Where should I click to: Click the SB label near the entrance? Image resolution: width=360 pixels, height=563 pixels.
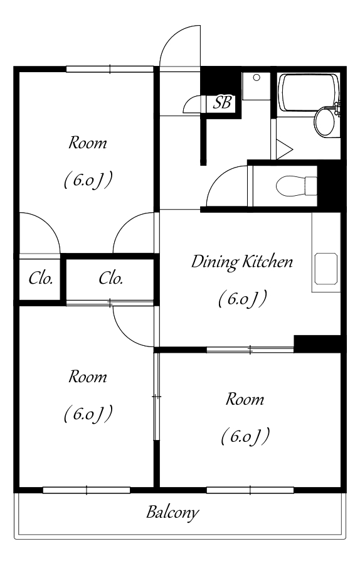point(223,103)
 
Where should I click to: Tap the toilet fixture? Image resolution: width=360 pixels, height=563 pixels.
point(297,186)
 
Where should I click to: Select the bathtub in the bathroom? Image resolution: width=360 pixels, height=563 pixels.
point(309,93)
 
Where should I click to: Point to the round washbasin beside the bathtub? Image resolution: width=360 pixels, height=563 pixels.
point(324,122)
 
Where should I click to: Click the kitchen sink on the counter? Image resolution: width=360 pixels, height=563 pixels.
point(326,269)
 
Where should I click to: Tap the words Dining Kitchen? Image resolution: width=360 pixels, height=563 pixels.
point(242,262)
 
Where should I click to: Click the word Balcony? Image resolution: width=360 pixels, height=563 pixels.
point(172,512)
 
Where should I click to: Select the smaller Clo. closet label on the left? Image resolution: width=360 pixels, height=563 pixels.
point(41,278)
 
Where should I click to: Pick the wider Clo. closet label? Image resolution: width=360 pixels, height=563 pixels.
point(111,278)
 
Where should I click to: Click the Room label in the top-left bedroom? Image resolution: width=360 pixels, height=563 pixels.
point(88,143)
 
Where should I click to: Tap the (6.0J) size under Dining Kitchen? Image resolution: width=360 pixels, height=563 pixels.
point(243,299)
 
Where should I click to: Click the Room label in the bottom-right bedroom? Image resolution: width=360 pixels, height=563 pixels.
point(245,399)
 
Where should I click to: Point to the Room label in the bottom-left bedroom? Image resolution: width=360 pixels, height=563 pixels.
point(88,377)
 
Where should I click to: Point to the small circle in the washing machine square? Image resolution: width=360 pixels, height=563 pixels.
point(257,77)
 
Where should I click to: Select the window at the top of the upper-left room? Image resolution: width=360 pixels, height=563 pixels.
point(110,69)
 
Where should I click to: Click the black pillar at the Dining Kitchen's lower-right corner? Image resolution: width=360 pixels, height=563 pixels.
point(317,343)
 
